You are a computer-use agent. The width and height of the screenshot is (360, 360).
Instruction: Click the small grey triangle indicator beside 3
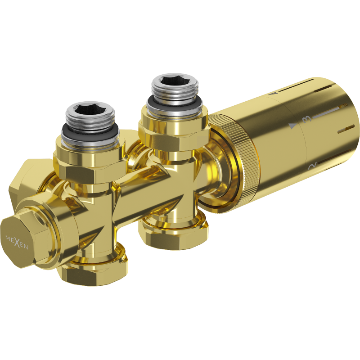tap(293, 126)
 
